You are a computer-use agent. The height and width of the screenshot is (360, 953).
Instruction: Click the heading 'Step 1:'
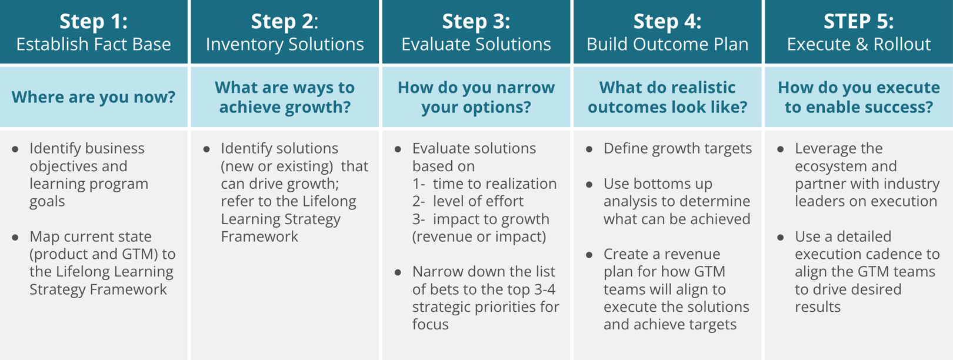coord(94,22)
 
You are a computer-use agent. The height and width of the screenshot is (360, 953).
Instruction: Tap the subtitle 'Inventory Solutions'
coord(285,44)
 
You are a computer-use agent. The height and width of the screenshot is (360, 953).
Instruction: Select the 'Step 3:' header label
coord(476,22)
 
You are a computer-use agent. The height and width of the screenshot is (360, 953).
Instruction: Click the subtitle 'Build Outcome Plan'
coord(668,44)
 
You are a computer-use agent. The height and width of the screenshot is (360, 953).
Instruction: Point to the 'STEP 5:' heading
coord(858,22)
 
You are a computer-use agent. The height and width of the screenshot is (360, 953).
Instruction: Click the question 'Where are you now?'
coord(94,97)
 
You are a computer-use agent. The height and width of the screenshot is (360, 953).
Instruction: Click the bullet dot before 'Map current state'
coord(15,238)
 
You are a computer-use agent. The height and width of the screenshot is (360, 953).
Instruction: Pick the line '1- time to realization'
coord(484,184)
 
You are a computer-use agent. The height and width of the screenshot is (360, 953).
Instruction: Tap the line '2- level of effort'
coord(468,201)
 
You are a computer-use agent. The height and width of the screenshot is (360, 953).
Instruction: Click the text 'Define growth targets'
coord(677,148)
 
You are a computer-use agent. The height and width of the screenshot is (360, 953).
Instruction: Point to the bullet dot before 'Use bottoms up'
coord(589,185)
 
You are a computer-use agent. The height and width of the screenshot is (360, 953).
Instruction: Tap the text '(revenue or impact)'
coord(479,236)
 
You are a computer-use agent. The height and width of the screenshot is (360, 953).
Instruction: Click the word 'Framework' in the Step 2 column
coord(259,236)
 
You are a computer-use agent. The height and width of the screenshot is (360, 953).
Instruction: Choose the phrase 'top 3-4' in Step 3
coord(528,289)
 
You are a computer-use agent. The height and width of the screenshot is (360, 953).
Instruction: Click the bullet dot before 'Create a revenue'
coord(589,255)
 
